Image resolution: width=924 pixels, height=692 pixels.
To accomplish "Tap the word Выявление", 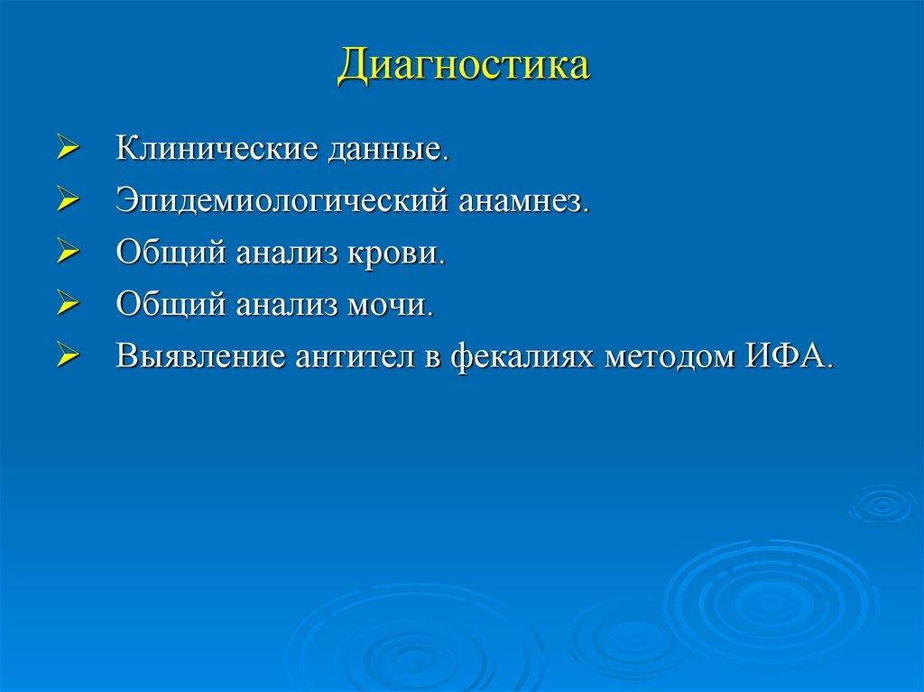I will pos(199,355).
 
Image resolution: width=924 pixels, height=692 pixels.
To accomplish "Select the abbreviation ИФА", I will pos(784,355).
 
